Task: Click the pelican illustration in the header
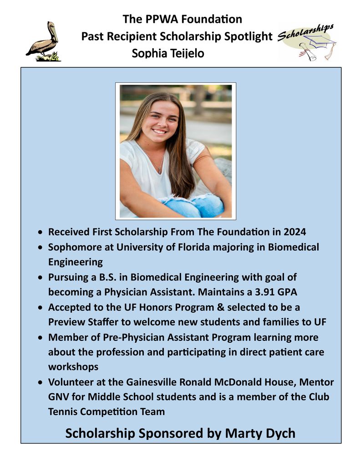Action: [x=43, y=42]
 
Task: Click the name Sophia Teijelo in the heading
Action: [x=168, y=54]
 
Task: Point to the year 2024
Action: [x=294, y=232]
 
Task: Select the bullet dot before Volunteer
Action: [x=41, y=382]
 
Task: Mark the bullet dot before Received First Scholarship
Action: [x=41, y=233]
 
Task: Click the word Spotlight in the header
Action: [x=251, y=37]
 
